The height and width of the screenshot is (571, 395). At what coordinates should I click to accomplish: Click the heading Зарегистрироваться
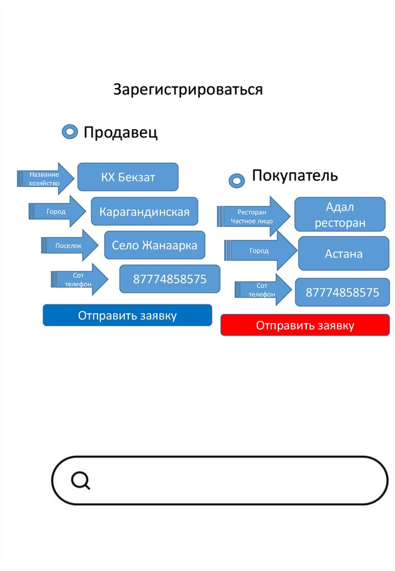(x=188, y=89)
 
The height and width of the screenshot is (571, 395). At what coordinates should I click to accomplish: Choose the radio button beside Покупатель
(x=237, y=180)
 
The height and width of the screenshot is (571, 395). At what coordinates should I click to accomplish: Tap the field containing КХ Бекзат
(x=128, y=177)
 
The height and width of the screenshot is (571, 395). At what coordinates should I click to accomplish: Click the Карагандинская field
(x=144, y=211)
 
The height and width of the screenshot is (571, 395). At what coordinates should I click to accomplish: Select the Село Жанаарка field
(x=155, y=245)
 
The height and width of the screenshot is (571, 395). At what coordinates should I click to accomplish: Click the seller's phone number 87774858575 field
(x=170, y=279)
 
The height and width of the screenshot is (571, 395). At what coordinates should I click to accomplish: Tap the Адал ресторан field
(x=340, y=215)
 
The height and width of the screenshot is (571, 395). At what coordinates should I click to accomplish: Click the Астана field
(x=344, y=254)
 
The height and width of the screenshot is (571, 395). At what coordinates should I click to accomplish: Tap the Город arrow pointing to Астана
(x=260, y=251)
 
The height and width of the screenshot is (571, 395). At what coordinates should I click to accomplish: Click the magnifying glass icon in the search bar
(x=81, y=480)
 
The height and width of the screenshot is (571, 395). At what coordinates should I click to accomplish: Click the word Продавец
(x=121, y=133)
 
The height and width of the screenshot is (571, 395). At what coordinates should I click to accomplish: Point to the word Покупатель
(x=295, y=176)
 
